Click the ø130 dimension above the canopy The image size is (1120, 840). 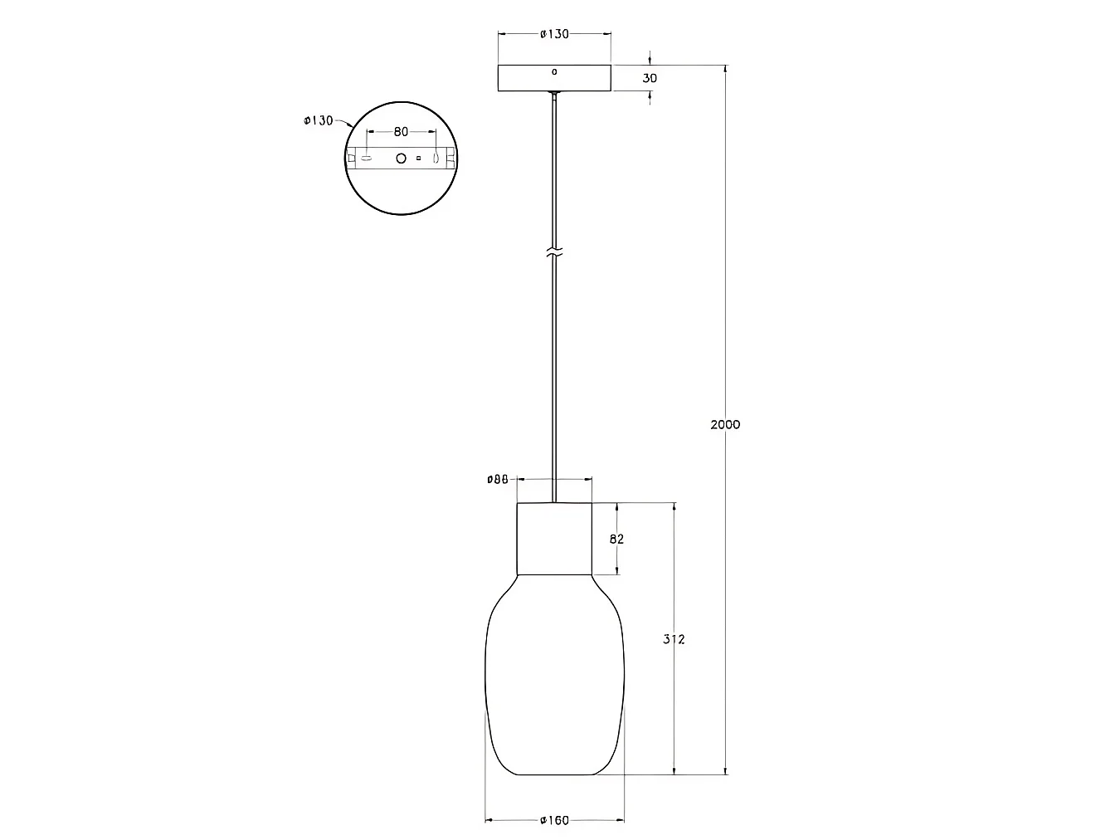pos(554,34)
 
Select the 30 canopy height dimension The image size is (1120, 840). pos(650,78)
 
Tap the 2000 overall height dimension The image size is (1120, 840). pos(725,424)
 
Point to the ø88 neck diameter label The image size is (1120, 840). pos(498,479)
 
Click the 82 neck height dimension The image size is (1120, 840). pos(617,539)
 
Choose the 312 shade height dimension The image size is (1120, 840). pos(674,639)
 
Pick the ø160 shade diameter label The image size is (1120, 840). pos(554,820)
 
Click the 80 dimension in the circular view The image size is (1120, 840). pos(401,132)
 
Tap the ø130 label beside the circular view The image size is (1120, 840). pos(318,120)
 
